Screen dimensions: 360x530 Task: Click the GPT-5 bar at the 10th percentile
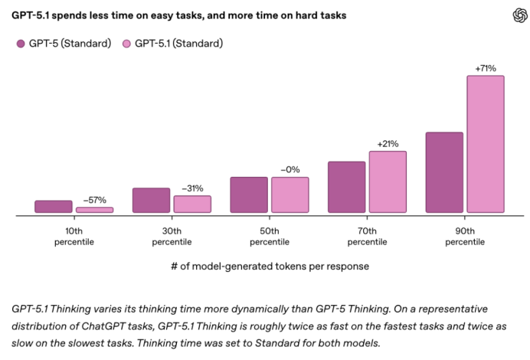coord(54,206)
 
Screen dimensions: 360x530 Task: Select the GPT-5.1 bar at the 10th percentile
coord(94,209)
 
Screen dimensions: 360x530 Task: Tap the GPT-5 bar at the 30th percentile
coord(151,200)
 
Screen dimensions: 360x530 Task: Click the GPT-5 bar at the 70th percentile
coord(346,187)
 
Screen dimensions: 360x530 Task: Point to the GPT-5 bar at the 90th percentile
coord(444,172)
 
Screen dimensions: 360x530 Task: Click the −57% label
coord(94,200)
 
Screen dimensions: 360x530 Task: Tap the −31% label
coord(192,188)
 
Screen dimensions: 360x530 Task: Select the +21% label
coord(388,144)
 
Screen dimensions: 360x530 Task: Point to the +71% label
coord(486,68)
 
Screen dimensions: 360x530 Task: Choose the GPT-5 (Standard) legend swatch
coord(21,44)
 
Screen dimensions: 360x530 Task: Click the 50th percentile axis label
coord(270,236)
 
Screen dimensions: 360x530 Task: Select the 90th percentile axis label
coord(465,236)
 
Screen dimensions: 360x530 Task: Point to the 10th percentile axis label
coord(74,236)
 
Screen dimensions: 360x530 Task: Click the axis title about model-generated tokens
coord(270,267)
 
